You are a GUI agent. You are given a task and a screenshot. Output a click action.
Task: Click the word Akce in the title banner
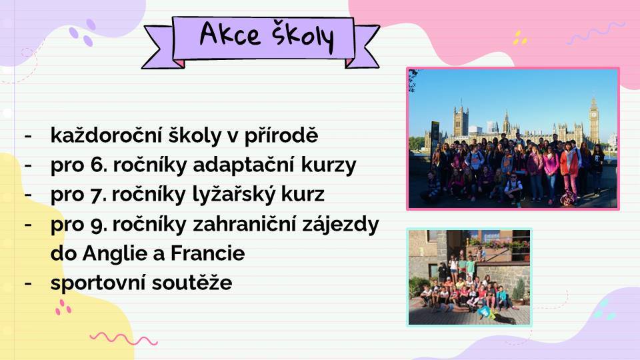coord(230,33)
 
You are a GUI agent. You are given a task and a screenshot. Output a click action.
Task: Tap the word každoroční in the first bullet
coord(106,135)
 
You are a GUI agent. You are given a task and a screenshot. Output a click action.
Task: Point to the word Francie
coord(207,253)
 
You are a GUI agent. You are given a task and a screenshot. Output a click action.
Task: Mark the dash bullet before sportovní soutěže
coord(28,283)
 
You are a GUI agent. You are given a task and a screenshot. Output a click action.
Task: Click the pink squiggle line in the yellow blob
coord(123,339)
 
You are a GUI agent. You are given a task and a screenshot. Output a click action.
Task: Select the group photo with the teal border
coord(469,277)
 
